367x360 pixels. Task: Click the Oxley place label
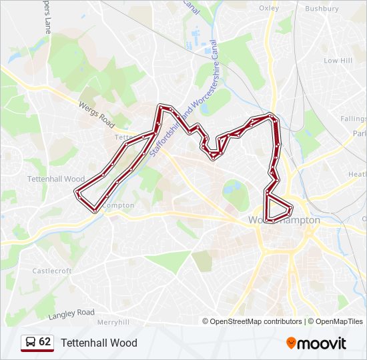(x=268, y=8)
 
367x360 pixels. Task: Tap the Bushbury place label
(x=322, y=9)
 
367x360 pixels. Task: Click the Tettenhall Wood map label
(x=56, y=179)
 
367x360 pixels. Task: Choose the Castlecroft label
(x=51, y=271)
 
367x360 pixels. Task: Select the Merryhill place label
(x=112, y=321)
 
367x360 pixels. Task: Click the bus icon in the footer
(x=29, y=343)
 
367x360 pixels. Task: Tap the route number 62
(x=45, y=342)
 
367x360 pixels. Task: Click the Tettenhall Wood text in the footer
(x=99, y=343)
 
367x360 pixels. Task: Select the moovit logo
(x=316, y=343)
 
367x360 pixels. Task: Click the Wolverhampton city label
(x=284, y=220)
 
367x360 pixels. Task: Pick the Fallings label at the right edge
(x=353, y=119)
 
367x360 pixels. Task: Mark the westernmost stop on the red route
(x=75, y=192)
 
